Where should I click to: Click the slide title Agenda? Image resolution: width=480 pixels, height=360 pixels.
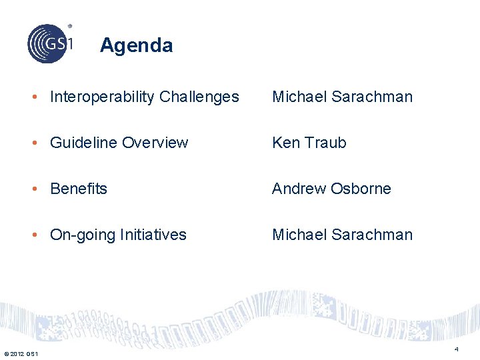coord(136,45)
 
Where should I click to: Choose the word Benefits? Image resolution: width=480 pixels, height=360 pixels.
coord(79,189)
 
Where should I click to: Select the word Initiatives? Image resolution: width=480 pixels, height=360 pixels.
coord(153,235)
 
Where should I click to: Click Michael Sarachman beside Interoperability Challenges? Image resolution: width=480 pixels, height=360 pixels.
coord(342,97)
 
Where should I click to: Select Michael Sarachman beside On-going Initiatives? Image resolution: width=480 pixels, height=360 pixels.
coord(342,235)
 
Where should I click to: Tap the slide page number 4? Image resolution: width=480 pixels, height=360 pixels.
coord(456,349)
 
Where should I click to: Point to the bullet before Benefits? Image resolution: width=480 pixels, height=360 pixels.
coord(40,189)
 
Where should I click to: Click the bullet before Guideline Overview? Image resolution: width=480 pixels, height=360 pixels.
coord(40,143)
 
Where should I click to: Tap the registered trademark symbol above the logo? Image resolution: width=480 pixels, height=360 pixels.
coord(69,27)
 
